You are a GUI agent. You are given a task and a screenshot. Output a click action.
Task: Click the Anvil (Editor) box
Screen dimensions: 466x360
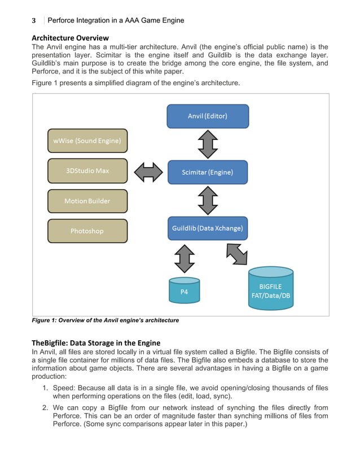(208, 116)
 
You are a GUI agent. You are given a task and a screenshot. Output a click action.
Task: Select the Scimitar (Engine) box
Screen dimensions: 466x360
(208, 172)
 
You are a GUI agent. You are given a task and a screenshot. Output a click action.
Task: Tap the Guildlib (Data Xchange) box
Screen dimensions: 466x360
(208, 228)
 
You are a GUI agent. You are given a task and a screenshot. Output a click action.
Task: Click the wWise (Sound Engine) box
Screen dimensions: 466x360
(87, 141)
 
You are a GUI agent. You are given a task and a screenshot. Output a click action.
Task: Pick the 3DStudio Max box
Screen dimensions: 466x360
(87, 170)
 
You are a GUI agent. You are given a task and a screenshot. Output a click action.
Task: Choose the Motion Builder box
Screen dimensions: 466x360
(87, 201)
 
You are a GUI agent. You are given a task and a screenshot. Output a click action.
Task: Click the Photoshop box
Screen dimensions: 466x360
(87, 231)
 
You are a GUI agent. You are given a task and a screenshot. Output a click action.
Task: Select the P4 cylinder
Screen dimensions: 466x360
(184, 290)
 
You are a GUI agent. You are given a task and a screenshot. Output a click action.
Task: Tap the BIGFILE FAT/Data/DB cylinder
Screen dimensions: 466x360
(271, 289)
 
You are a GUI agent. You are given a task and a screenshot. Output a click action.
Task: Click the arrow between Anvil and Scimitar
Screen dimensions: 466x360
(208, 144)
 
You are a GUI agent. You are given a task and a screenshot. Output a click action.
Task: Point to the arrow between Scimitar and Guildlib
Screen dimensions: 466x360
(208, 200)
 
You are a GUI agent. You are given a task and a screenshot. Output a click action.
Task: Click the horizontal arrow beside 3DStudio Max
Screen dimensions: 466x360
(148, 172)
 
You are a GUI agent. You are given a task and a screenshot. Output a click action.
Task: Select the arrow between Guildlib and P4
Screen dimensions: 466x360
(184, 258)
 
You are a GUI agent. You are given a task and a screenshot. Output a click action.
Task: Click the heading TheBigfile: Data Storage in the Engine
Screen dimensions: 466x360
(96, 342)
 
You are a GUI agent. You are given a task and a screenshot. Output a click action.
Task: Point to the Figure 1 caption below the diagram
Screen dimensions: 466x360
(105, 320)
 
